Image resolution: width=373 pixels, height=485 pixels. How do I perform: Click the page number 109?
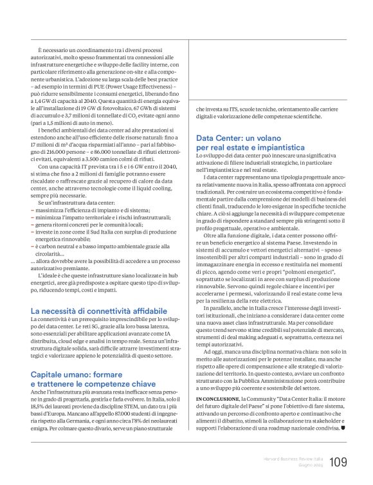click(x=338, y=462)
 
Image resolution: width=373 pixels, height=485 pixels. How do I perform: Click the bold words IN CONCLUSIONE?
click(x=216, y=400)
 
